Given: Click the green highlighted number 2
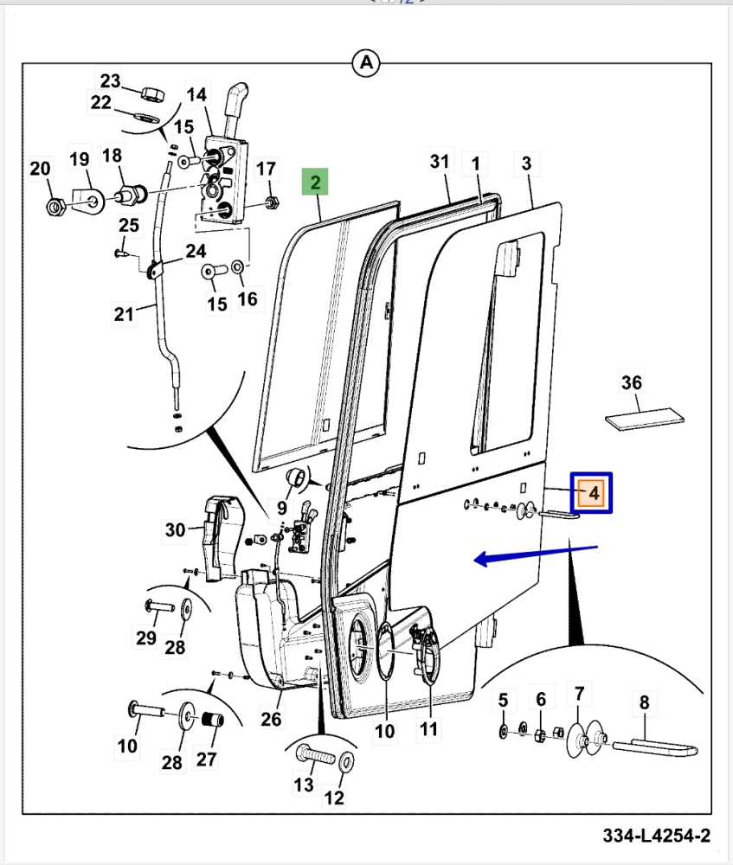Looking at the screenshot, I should coord(316,183).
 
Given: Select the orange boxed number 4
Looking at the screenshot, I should coord(594,493).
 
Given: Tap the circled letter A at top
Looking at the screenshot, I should coord(366,62).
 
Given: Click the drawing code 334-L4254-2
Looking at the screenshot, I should coord(657,836).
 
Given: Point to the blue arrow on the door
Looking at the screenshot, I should coord(537,554).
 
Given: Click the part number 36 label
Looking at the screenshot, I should coord(632,381).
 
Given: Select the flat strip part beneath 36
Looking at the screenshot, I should coord(645,420).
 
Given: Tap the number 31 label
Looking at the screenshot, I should coord(440,162).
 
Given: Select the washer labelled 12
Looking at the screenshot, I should coord(345,764).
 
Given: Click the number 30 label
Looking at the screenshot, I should coord(176,529).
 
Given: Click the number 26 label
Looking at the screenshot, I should coord(272,719).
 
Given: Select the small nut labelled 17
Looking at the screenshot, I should coord(269,202).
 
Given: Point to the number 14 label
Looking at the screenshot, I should coord(197,94).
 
